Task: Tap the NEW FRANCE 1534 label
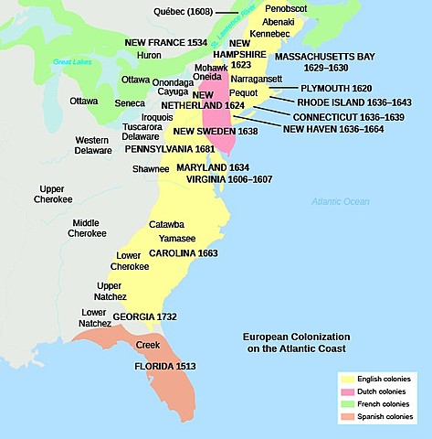click(164, 43)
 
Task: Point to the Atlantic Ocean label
click(337, 201)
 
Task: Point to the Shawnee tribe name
click(151, 168)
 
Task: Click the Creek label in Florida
click(147, 345)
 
